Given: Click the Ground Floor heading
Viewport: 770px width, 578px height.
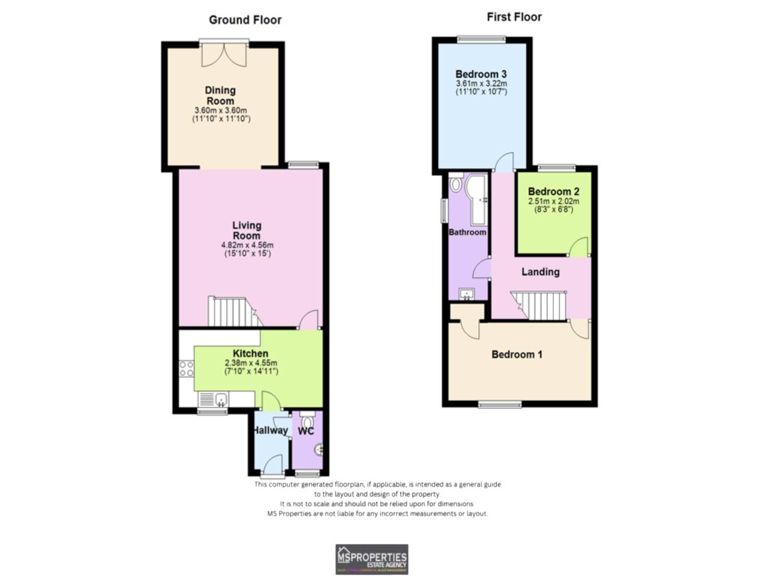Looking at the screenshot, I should [245, 20].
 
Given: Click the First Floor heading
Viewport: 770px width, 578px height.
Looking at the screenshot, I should [514, 17].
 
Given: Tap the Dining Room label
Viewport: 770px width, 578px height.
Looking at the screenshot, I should [221, 95].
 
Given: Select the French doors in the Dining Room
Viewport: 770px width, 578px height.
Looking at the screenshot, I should [224, 54].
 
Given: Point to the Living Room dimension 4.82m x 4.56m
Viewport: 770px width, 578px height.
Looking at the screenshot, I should [247, 245].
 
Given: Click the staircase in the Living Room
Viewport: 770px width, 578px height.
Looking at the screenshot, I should [232, 311].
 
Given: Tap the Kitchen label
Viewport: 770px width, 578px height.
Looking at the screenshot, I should [250, 353].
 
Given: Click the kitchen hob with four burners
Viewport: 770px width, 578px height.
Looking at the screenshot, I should [186, 368].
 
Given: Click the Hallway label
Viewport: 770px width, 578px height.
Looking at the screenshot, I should [270, 430].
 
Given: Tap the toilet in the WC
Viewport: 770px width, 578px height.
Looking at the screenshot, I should [307, 420].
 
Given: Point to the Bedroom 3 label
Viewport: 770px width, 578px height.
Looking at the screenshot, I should [481, 75].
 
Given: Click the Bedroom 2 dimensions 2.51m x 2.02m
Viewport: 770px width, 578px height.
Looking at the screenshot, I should [553, 201].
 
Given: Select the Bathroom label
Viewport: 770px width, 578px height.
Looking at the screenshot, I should [467, 232].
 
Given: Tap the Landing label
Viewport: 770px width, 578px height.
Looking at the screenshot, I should [540, 272].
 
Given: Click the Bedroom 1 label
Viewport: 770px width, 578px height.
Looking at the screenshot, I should [517, 354].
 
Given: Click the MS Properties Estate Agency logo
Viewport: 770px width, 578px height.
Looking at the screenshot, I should [371, 559].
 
